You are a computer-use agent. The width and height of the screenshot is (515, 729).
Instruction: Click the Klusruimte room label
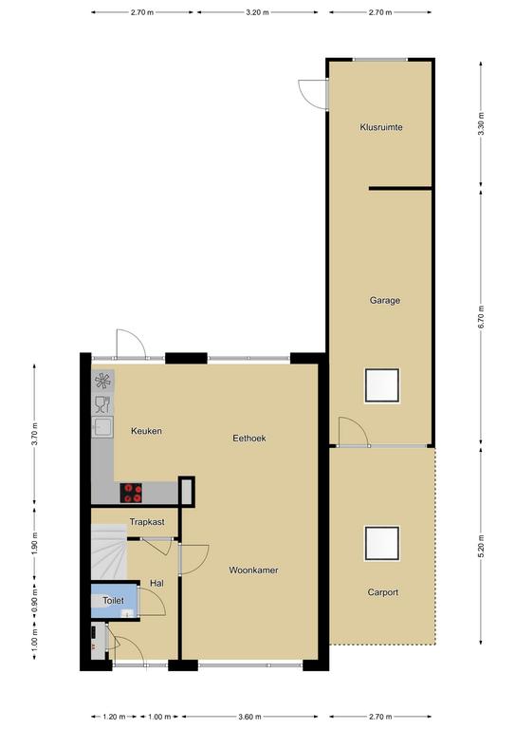tap(380, 127)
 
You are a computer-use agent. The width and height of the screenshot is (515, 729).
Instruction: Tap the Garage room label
tap(384, 300)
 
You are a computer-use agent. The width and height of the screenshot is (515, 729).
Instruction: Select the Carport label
tap(382, 592)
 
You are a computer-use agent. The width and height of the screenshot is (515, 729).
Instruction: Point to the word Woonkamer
tap(253, 570)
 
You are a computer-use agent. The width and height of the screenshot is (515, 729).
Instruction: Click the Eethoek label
tap(249, 438)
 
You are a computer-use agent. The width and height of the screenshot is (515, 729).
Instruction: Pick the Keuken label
tap(146, 431)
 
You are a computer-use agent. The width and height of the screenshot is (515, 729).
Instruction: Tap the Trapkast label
tap(147, 522)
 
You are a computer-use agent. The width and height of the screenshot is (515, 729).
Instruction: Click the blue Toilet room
tap(114, 601)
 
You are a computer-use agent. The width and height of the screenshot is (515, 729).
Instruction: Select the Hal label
tap(156, 583)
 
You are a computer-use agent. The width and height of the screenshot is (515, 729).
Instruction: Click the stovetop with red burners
tap(131, 493)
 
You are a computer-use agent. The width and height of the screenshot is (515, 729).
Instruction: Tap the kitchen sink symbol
tap(102, 426)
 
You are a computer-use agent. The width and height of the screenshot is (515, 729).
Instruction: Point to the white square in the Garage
tap(381, 385)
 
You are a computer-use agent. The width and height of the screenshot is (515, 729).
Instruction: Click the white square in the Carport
tap(381, 543)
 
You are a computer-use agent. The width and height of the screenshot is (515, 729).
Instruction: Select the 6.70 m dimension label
tap(481, 317)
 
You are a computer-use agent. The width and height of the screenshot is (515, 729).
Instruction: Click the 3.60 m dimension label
tap(249, 717)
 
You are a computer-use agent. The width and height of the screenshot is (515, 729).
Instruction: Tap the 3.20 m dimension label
tap(257, 12)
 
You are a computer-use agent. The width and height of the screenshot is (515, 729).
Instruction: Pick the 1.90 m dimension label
tap(35, 543)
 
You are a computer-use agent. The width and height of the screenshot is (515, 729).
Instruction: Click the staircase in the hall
tap(109, 552)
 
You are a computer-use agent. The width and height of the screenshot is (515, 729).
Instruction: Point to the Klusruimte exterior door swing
tap(312, 94)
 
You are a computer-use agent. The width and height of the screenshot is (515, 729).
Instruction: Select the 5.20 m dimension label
tap(481, 547)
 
